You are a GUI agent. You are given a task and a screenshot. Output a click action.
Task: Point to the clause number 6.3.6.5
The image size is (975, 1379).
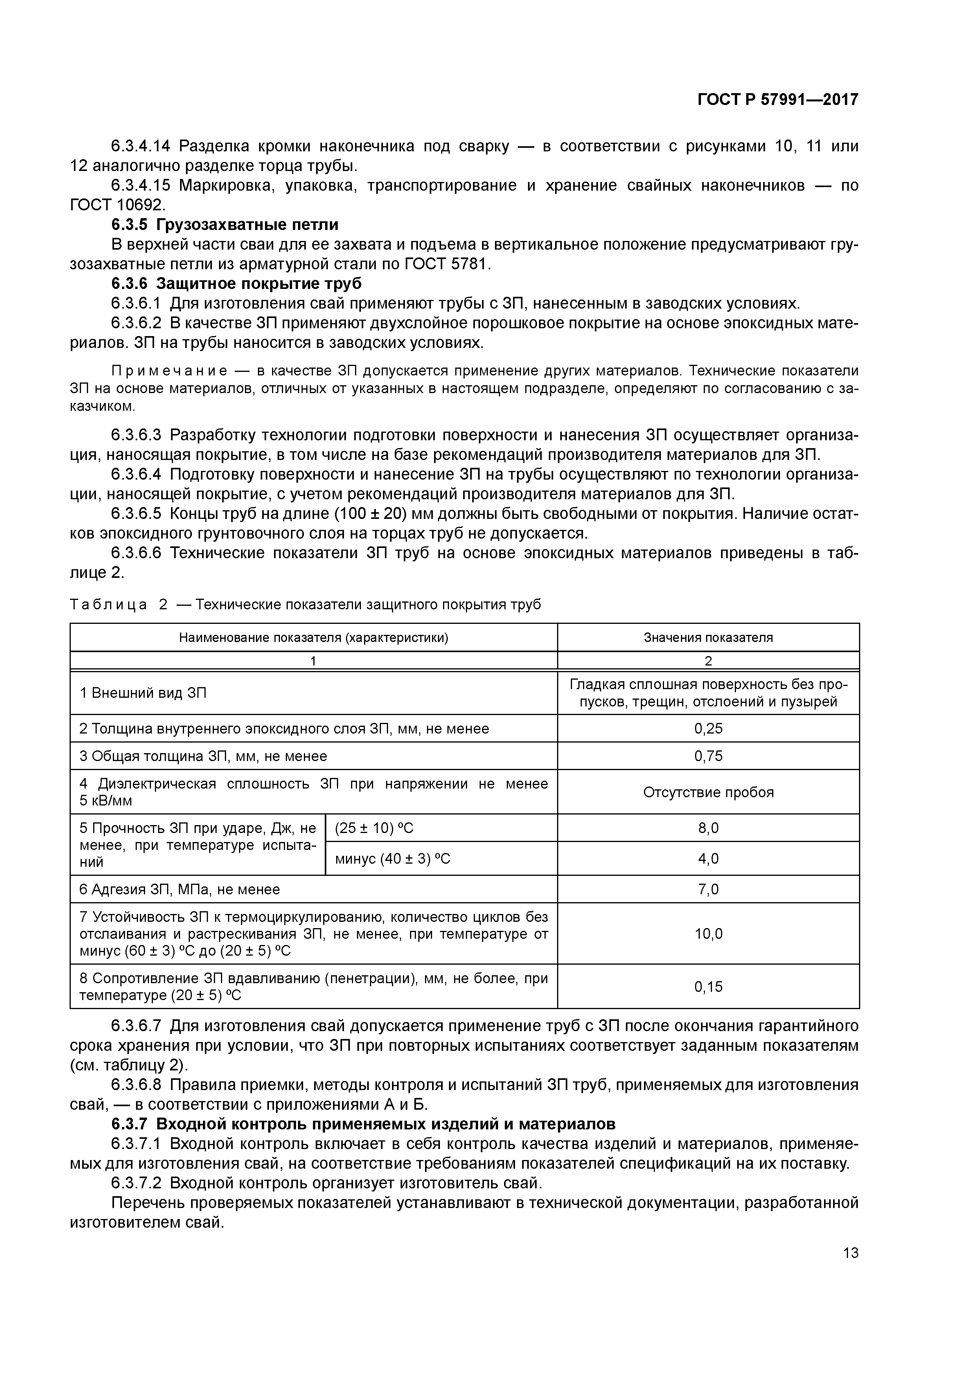(x=136, y=514)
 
